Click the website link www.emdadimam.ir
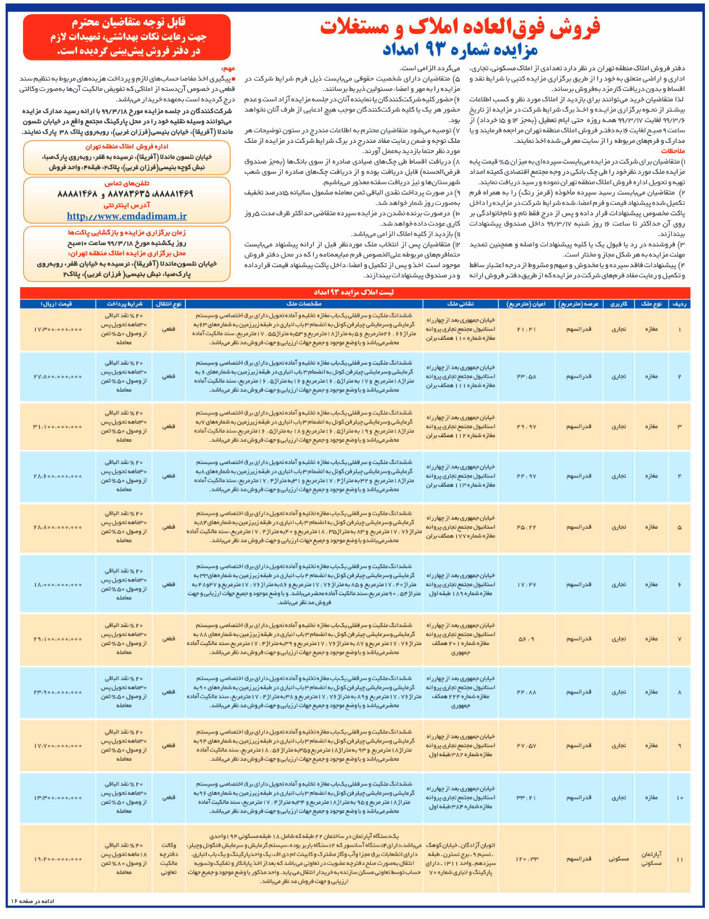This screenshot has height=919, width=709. (x=127, y=217)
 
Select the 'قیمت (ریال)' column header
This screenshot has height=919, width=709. (x=57, y=303)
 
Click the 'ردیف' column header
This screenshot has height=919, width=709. (x=680, y=303)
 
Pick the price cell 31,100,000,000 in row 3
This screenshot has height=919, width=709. (x=57, y=427)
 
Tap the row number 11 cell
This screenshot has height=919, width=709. (x=680, y=859)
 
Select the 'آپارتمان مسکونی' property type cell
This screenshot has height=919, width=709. (x=651, y=859)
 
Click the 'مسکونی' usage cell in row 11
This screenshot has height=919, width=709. (x=619, y=859)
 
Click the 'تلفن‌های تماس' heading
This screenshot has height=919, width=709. (x=127, y=183)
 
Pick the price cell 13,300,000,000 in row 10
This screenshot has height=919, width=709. (x=57, y=798)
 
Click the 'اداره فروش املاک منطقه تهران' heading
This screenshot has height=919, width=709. (x=127, y=147)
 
